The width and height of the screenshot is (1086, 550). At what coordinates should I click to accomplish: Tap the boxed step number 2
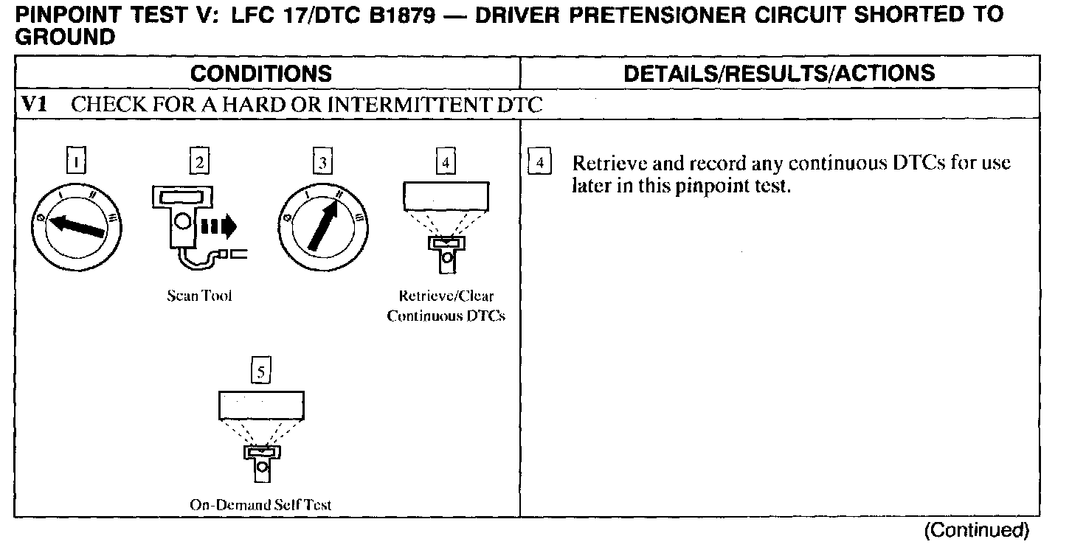point(198,161)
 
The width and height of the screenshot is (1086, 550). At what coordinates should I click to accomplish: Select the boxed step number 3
point(321,161)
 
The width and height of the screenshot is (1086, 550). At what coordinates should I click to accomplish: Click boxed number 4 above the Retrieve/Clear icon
point(445,161)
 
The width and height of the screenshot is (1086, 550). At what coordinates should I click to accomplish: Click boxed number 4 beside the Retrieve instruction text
point(540,162)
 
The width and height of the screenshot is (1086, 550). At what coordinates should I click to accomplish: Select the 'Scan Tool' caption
point(199,296)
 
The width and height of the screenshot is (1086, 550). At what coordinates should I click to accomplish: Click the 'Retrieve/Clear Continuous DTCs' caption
point(446,307)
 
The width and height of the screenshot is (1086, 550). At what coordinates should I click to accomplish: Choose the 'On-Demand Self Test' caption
point(260,505)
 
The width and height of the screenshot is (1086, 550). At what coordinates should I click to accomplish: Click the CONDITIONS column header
point(260,73)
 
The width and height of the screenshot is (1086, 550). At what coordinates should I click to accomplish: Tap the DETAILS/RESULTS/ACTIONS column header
point(779,73)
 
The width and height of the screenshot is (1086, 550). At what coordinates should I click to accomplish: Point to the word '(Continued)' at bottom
point(976,530)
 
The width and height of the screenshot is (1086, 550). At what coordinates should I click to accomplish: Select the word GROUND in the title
point(65,38)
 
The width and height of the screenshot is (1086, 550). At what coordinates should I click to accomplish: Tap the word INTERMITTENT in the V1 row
point(408,105)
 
